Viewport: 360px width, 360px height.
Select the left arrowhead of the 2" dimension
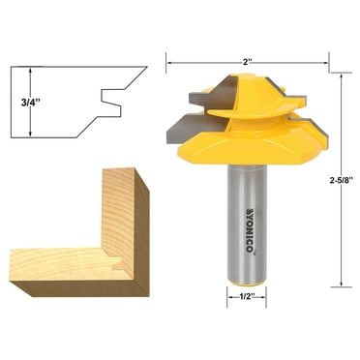point(171,64)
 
